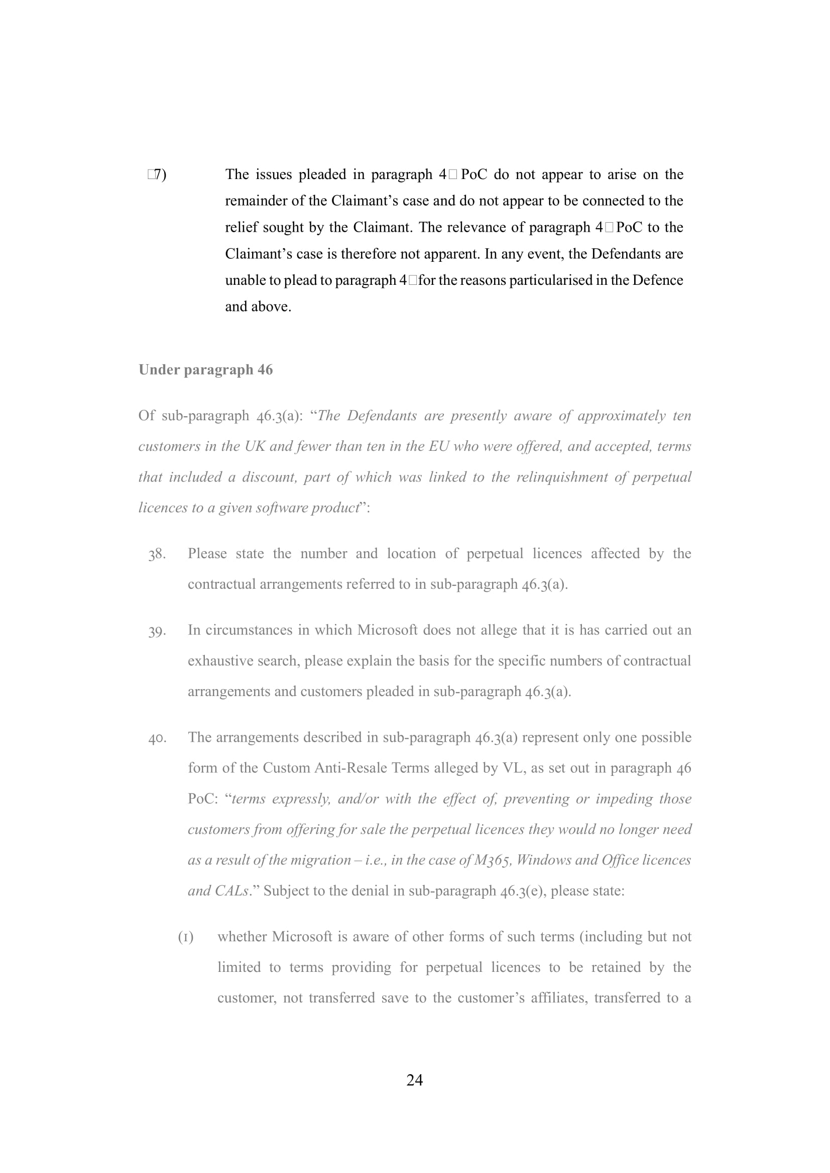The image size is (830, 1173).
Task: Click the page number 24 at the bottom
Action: (414, 1080)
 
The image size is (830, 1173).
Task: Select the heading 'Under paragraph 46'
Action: (205, 370)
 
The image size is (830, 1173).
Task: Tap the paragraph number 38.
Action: (157, 554)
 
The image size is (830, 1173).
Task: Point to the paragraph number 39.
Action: (157, 631)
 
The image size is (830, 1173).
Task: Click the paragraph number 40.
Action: (157, 738)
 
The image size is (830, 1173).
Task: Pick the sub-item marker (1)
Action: (186, 937)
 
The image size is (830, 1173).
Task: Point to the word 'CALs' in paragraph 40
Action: (231, 891)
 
